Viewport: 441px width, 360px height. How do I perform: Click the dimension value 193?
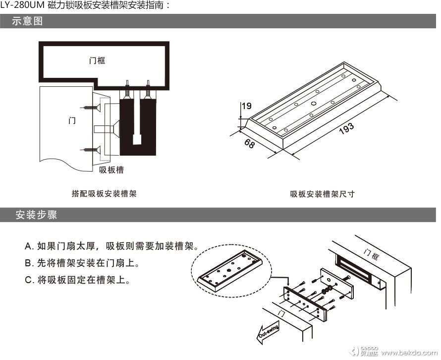(347, 127)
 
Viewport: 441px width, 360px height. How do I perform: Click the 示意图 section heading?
(28, 22)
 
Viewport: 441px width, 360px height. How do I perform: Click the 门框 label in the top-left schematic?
(97, 60)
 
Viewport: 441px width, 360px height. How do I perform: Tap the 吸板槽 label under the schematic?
(111, 170)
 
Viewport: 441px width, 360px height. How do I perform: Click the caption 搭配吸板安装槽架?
(104, 194)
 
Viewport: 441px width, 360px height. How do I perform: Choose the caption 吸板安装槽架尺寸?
(323, 194)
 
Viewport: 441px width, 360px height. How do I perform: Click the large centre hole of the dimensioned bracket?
(314, 103)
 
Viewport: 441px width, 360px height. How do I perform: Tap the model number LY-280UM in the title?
(23, 6)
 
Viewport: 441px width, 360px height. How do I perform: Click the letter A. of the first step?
(29, 246)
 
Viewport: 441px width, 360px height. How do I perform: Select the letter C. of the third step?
(29, 280)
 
